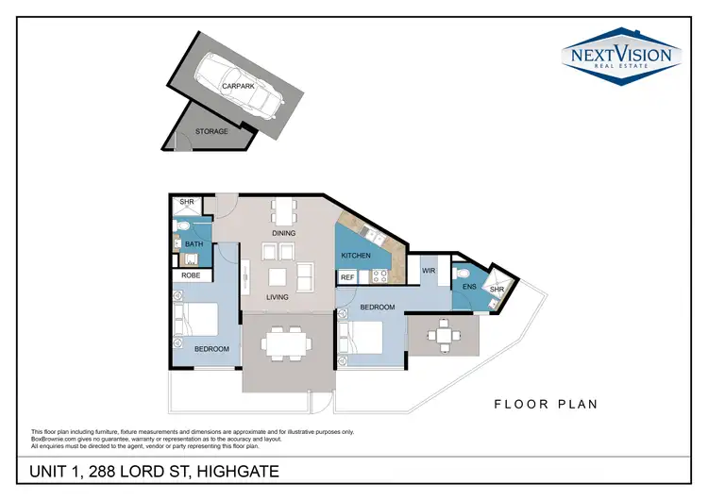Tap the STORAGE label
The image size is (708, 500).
211,131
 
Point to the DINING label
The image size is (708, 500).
283,233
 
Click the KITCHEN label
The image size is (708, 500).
355,256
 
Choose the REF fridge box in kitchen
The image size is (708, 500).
347,277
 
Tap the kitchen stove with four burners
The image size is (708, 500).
381,276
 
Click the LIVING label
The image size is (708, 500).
277,297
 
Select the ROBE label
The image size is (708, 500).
192,275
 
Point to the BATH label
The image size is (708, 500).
194,244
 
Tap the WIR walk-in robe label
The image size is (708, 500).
428,271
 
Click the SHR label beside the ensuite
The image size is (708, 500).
496,289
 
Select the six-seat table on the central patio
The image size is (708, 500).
284,342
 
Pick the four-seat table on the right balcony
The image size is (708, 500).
443,333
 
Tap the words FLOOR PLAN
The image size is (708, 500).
547,405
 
